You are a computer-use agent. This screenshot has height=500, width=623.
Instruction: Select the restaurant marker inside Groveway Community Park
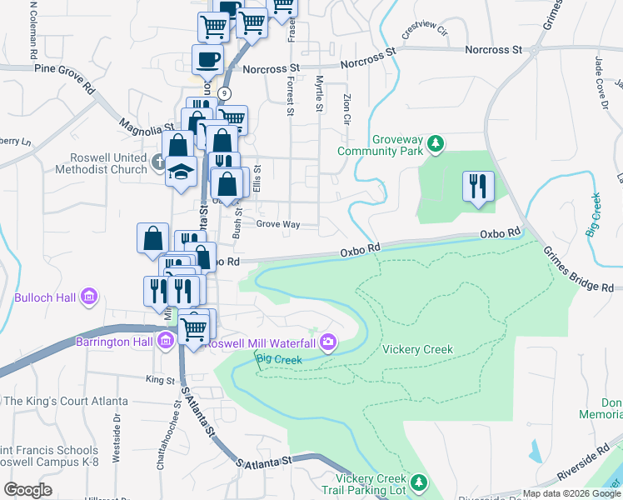coord(477,187)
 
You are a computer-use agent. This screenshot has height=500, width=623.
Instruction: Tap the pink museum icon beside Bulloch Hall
coord(89,296)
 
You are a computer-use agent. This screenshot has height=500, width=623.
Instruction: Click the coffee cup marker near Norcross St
coord(207,60)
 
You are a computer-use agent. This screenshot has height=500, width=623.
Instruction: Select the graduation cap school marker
coord(181,172)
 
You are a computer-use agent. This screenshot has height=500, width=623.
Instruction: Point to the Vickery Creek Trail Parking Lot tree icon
coord(420,483)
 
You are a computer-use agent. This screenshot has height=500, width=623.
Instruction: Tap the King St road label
coord(158,379)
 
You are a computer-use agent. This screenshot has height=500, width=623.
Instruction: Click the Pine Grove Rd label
coord(63,65)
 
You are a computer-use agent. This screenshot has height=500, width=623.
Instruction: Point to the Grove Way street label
coord(277,224)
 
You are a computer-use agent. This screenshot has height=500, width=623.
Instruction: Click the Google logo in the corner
coord(27,490)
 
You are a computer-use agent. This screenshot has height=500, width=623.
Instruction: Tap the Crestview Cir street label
coord(426,32)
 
